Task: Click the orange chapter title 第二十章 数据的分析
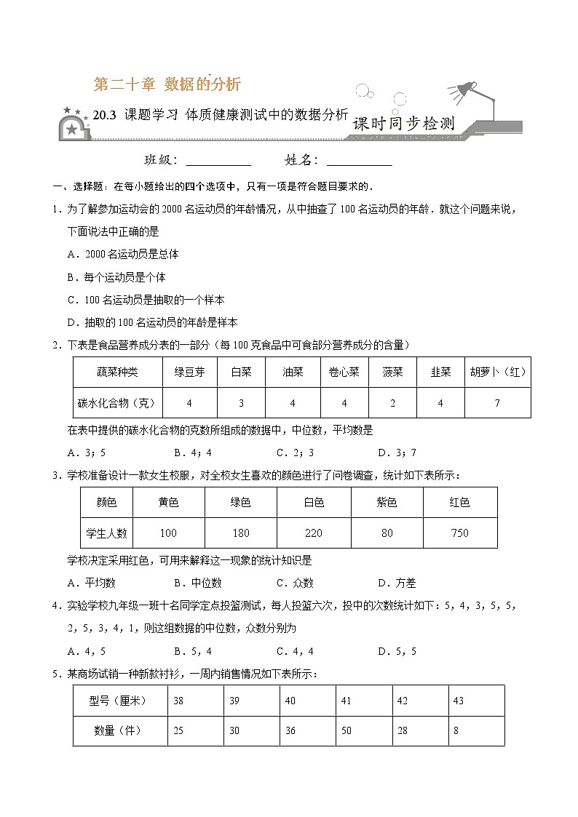(167, 84)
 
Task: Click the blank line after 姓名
(360, 161)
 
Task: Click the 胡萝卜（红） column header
(498, 372)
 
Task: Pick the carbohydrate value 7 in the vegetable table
(497, 402)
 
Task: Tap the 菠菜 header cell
(392, 372)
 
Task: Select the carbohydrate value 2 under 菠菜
(392, 402)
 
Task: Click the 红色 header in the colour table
(460, 502)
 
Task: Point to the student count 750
(460, 533)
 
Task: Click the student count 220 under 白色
(314, 533)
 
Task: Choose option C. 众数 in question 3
(295, 583)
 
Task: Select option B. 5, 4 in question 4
(193, 651)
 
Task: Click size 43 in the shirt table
(459, 701)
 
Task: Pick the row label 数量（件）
(120, 730)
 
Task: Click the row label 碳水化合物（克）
(117, 402)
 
